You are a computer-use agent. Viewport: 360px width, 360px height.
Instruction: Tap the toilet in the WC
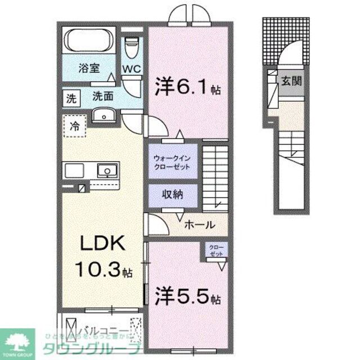(132, 48)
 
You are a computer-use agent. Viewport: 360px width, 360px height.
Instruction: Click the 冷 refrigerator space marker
(74, 126)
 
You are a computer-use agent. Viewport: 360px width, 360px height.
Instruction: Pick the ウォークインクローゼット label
(173, 162)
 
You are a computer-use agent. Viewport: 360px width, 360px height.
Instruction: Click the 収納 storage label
(173, 196)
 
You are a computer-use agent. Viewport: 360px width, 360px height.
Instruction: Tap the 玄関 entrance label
(291, 80)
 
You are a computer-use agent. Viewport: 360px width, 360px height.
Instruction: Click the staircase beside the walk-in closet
(215, 177)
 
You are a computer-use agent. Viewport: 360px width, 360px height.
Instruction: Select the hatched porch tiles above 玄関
(273, 42)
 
